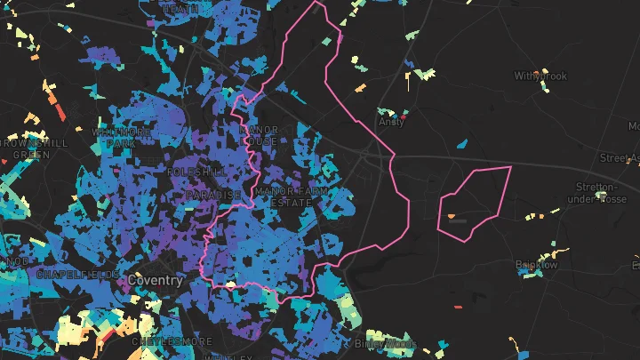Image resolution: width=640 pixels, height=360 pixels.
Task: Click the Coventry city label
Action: click(x=156, y=280)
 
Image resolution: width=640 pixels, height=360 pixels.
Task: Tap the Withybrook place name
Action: click(x=540, y=76)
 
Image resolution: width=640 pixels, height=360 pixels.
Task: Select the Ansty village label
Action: click(x=391, y=123)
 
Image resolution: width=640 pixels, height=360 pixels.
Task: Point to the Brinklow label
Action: click(x=536, y=265)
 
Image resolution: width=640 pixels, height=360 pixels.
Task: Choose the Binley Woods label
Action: click(x=385, y=343)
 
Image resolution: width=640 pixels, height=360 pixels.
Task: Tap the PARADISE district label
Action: click(x=213, y=195)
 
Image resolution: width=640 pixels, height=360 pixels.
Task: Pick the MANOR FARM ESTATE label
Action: click(x=290, y=196)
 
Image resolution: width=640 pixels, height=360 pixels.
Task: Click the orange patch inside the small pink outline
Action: click(x=452, y=216)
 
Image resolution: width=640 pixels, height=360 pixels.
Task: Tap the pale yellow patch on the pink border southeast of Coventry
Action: click(x=230, y=284)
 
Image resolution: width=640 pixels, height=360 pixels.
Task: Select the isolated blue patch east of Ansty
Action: click(x=461, y=143)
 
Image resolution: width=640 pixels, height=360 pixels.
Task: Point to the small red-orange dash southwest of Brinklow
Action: click(x=459, y=307)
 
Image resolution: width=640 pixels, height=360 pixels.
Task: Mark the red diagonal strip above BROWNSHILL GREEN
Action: click(x=60, y=113)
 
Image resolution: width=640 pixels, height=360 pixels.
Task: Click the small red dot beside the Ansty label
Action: click(x=404, y=116)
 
